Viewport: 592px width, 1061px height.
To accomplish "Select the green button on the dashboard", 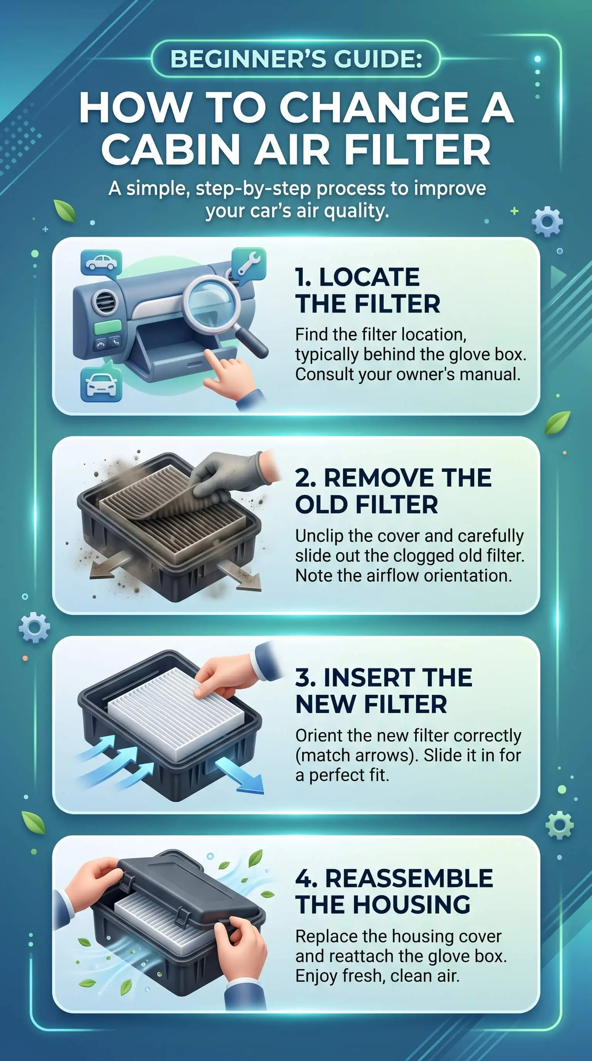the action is pyautogui.click(x=108, y=328).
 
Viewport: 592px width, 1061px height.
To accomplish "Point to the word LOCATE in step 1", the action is pyautogui.click(x=369, y=277).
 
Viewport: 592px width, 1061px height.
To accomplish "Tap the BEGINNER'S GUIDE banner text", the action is pyautogui.click(x=296, y=59).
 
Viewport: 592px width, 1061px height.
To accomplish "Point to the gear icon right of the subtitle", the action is pyautogui.click(x=547, y=222).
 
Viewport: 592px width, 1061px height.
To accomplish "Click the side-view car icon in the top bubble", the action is pyautogui.click(x=101, y=263).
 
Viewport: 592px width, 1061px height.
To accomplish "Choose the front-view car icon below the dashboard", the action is pyautogui.click(x=101, y=385).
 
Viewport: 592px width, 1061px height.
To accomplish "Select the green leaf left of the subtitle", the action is pyautogui.click(x=65, y=211).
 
